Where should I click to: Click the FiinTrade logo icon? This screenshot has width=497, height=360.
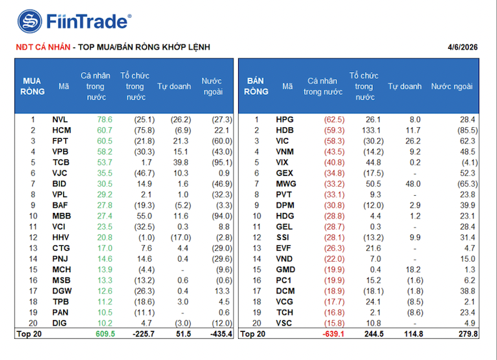pyautogui.click(x=30, y=21)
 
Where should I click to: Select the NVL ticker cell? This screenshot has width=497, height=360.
pyautogui.click(x=60, y=120)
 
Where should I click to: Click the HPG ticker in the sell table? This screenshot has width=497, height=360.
pyautogui.click(x=284, y=120)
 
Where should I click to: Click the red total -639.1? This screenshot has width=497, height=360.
pyautogui.click(x=332, y=333)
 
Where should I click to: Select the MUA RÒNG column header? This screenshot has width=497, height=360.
pyautogui.click(x=32, y=86)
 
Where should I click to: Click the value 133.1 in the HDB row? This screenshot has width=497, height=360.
pyautogui.click(x=368, y=130)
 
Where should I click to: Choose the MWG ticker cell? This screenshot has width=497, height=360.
pyautogui.click(x=286, y=183)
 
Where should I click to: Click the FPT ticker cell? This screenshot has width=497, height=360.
pyautogui.click(x=60, y=141)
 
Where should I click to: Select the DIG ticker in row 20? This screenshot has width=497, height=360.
pyautogui.click(x=60, y=322)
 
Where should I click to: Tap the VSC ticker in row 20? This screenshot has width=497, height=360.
pyautogui.click(x=284, y=322)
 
